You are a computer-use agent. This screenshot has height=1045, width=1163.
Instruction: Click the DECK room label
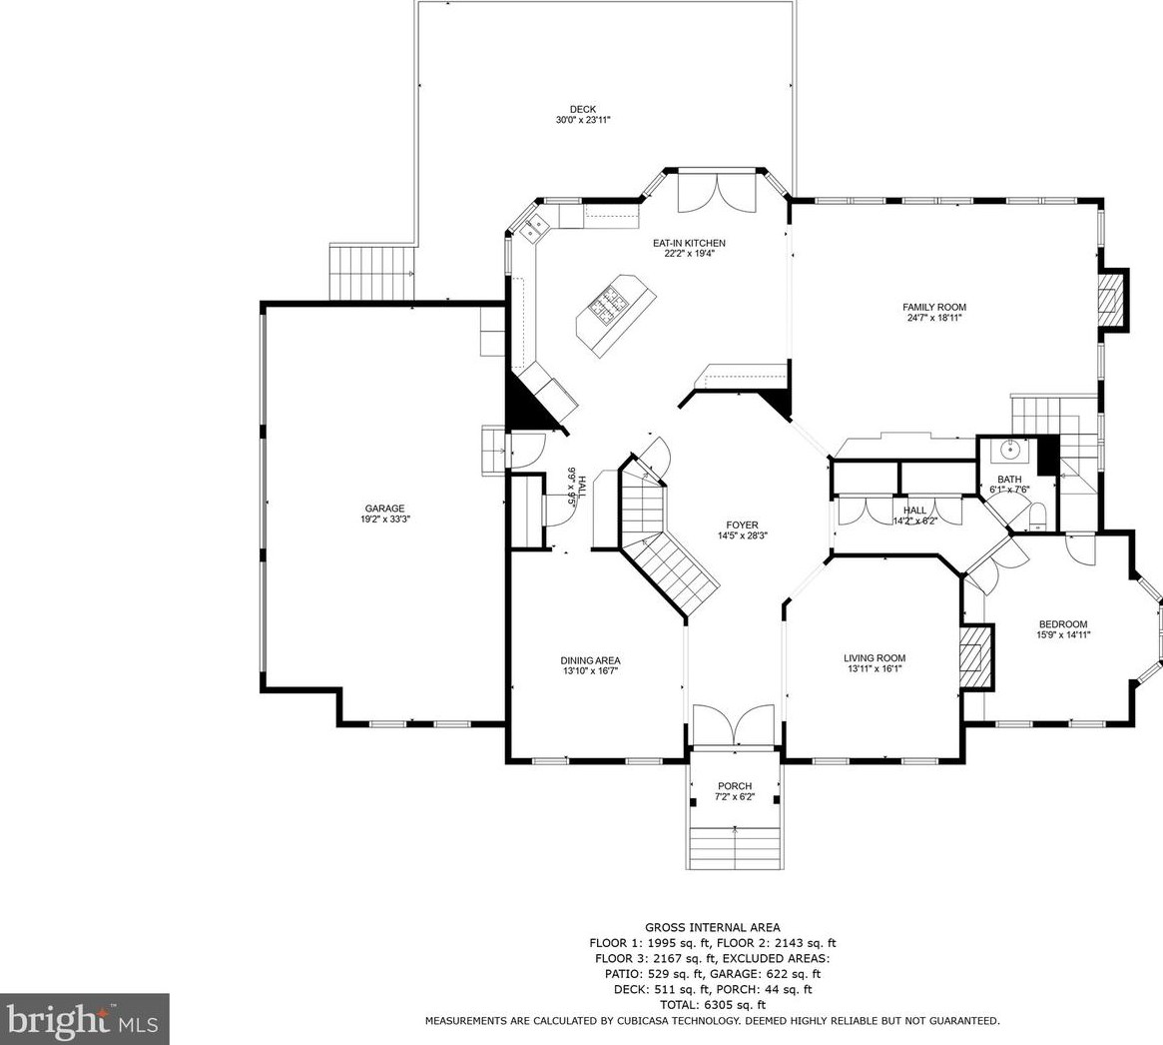coord(582,109)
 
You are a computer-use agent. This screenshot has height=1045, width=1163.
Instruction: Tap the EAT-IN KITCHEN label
coord(689,243)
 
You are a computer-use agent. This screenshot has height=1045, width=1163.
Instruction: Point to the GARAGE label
coord(385,509)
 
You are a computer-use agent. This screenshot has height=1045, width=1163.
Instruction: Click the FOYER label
coord(742,525)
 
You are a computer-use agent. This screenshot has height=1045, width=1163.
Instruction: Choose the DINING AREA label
coord(590,660)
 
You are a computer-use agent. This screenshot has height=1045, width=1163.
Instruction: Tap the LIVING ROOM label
coord(874,657)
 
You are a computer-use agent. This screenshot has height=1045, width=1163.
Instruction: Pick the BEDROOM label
coord(1063,624)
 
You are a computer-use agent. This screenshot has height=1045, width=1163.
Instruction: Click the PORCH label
coord(735,786)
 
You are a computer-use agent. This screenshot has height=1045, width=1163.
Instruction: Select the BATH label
coord(1008,480)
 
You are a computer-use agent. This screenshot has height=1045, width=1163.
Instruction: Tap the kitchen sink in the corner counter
coord(534,227)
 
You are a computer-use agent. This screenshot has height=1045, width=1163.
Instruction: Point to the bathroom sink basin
coord(1011,450)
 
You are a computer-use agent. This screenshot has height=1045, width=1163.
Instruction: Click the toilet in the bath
coord(1038,516)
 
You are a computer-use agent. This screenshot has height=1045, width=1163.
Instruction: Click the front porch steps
coord(735,846)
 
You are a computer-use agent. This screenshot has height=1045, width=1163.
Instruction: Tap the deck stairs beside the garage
coord(371,273)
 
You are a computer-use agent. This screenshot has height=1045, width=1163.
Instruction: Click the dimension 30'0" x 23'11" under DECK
coord(583,120)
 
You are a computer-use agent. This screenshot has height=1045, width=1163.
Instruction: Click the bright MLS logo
coord(84,1020)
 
